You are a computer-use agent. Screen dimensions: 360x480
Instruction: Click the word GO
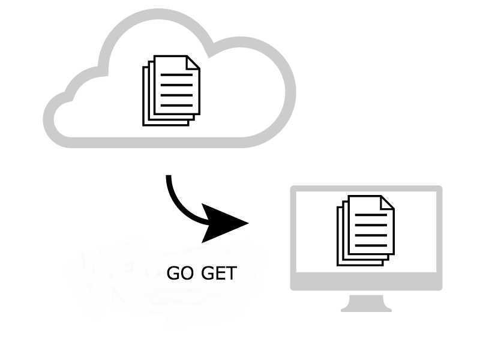(179, 274)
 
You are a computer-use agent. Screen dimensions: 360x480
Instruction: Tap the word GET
(218, 274)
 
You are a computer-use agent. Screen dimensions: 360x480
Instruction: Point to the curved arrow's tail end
(169, 178)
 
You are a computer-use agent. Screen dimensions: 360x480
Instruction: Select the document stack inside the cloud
(172, 90)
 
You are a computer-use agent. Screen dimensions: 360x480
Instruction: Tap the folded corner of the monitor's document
(388, 203)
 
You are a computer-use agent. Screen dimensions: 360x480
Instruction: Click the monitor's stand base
(366, 308)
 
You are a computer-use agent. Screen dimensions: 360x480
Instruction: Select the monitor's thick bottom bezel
(366, 281)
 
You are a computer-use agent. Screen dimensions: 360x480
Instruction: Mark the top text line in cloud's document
(176, 76)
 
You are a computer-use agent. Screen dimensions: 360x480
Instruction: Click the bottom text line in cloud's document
(176, 104)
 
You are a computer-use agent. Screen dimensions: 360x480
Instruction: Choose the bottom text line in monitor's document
(371, 245)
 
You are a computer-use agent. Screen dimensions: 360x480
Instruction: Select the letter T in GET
(231, 274)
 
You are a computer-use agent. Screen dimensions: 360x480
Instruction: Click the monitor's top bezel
(366, 189)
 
